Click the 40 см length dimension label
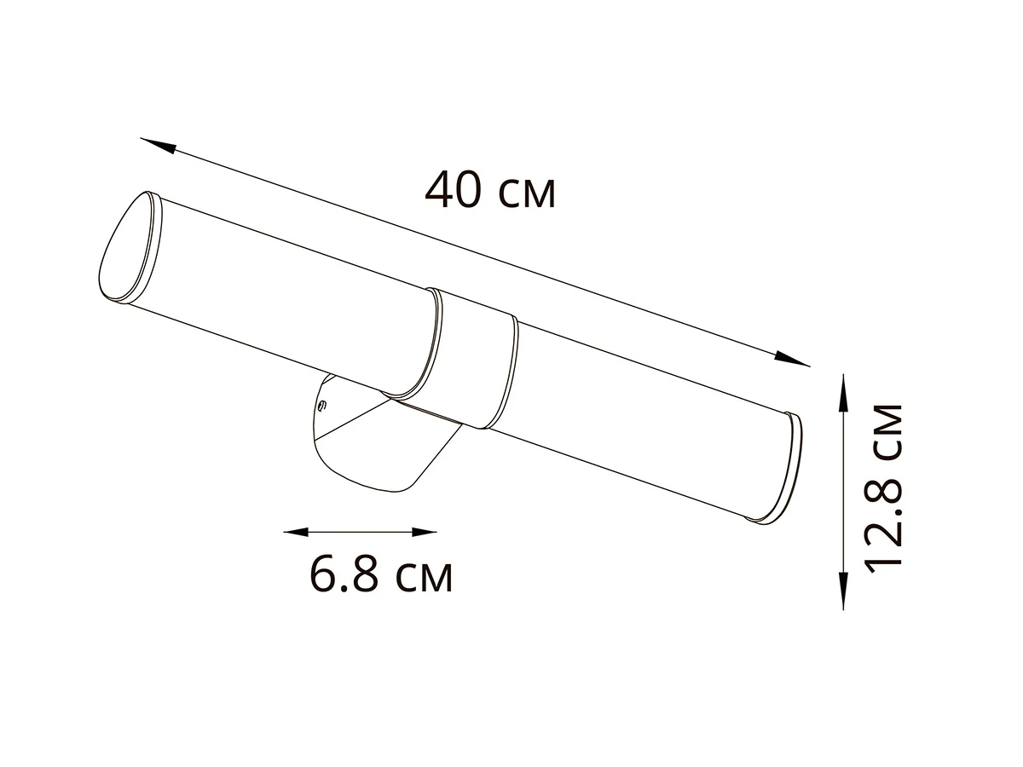point(490,190)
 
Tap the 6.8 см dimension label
point(381,577)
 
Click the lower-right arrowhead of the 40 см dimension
point(792,359)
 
